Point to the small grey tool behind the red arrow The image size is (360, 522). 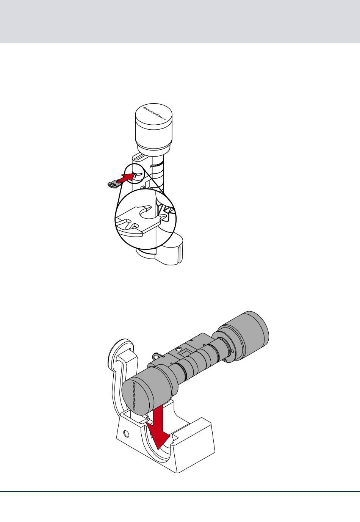coord(113,184)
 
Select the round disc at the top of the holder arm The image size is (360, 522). coord(121,354)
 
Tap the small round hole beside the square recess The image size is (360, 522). coord(178,349)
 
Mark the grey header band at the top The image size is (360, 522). coord(180,22)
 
